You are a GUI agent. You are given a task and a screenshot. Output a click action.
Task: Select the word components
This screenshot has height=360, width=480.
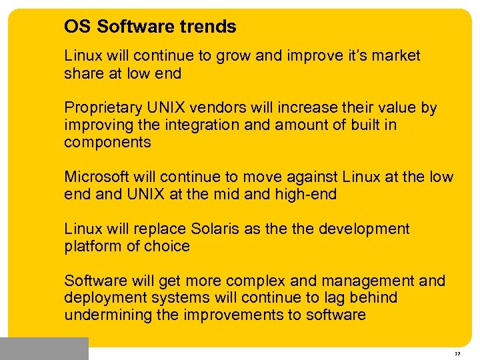(107, 143)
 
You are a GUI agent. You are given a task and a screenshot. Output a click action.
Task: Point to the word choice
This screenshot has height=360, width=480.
(169, 247)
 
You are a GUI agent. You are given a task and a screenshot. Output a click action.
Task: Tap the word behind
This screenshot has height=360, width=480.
(373, 298)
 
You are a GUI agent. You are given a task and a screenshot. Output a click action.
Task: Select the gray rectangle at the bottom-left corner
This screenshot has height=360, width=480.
(44, 349)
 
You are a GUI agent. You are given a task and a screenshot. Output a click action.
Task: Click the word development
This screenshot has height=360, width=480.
(364, 229)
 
